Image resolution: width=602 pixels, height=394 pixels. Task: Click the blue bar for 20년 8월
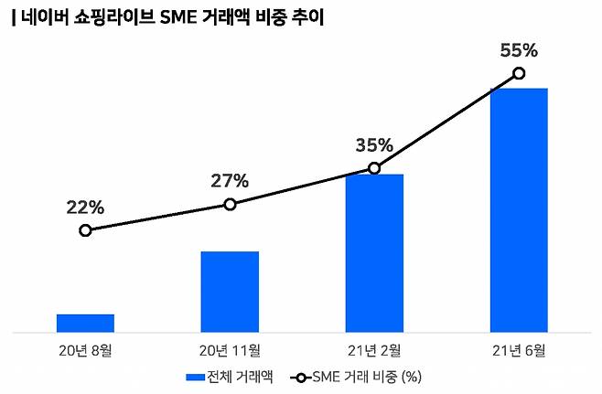click(x=85, y=323)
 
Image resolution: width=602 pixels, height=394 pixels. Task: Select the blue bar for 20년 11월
click(x=230, y=292)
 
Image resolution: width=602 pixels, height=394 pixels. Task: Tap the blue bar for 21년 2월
click(x=374, y=252)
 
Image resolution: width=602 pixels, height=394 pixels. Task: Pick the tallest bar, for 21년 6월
click(x=519, y=209)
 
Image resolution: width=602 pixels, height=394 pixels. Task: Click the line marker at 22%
click(x=85, y=230)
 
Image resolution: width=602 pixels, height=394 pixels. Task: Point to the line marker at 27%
click(x=230, y=204)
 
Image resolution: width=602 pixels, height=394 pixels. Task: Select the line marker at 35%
click(x=374, y=168)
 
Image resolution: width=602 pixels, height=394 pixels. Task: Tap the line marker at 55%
click(x=519, y=73)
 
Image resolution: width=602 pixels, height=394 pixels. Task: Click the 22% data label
click(x=85, y=208)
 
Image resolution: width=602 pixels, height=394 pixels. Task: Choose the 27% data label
click(x=230, y=181)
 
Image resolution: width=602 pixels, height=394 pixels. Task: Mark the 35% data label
click(x=374, y=145)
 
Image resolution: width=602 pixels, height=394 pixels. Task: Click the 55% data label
click(x=519, y=50)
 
